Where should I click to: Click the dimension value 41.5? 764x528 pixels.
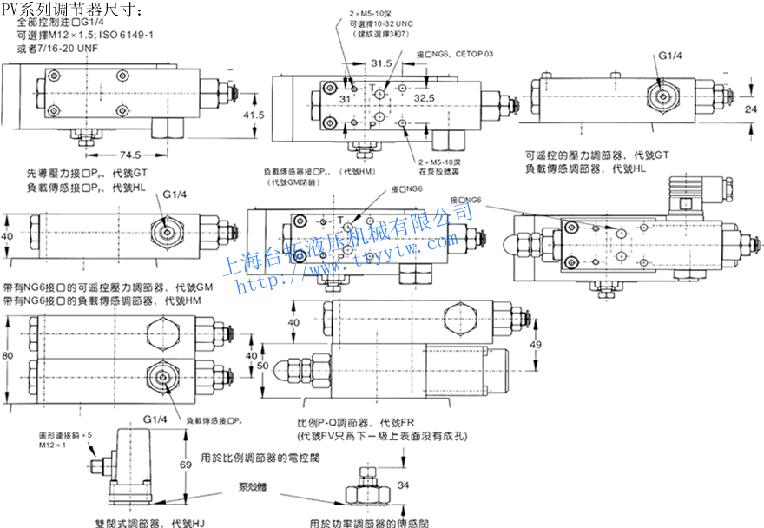point(253,115)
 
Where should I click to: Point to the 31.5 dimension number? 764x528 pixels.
point(379,64)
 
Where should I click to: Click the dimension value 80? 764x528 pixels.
point(9,356)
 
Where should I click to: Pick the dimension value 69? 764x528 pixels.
point(187,465)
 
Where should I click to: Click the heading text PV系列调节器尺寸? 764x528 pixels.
point(69,8)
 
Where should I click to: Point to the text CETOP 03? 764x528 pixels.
point(474,54)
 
